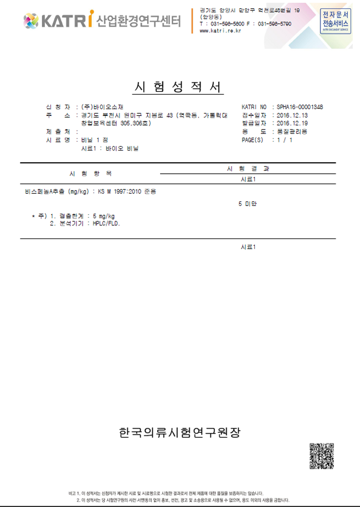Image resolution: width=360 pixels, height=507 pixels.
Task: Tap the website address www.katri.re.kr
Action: click(x=220, y=31)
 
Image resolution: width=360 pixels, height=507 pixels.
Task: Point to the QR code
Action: click(x=321, y=456)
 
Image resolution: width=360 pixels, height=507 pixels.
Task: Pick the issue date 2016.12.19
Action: click(x=292, y=123)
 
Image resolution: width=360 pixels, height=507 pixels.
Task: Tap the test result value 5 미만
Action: click(x=248, y=204)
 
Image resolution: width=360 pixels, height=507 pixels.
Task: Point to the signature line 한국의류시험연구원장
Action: click(x=179, y=432)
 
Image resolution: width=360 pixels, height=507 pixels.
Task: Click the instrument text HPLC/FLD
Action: click(x=107, y=224)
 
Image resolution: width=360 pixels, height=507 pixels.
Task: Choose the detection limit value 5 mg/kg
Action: click(x=104, y=216)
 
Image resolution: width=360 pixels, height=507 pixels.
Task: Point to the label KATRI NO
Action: click(x=254, y=106)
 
